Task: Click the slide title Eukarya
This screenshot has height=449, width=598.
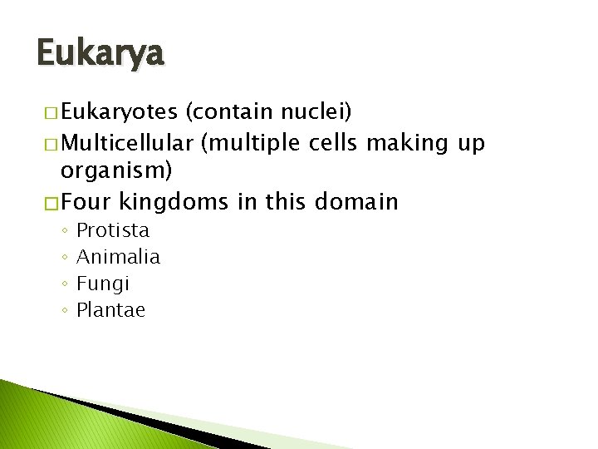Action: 101,55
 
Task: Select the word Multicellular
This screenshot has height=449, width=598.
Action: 127,143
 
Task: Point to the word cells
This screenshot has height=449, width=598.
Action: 332,143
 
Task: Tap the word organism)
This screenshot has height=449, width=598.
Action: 116,171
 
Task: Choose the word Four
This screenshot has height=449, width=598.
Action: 86,201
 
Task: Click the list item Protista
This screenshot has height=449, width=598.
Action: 113,230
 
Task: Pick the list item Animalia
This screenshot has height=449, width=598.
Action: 118,257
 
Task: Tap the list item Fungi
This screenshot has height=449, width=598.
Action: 103,284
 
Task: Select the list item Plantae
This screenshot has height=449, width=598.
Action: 110,310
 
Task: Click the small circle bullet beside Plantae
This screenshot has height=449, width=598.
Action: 64,311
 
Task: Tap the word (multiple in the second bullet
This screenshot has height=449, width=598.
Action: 239,143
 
